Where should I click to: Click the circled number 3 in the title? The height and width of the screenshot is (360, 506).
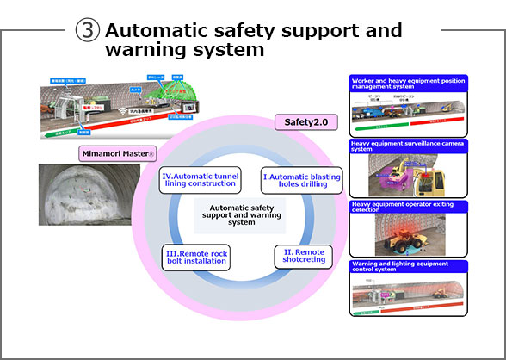tap(87, 32)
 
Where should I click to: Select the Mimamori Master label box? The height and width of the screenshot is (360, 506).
tap(117, 152)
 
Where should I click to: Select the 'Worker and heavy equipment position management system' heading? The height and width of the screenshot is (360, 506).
tap(408, 83)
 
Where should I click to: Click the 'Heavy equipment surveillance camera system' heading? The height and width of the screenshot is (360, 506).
tap(408, 146)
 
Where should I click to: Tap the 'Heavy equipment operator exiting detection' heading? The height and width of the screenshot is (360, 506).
tap(408, 207)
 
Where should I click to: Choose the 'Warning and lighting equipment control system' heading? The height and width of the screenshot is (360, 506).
tap(408, 267)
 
